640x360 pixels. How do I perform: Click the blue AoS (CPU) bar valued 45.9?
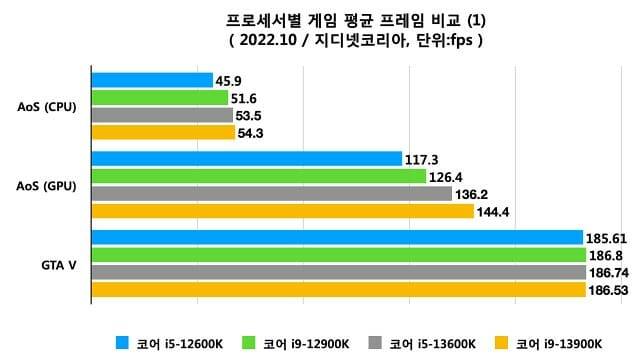pyautogui.click(x=152, y=80)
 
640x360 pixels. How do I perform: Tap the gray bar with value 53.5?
pyautogui.click(x=162, y=115)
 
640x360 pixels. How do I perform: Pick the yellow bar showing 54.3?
pyautogui.click(x=163, y=132)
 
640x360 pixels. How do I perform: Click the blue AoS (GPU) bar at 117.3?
pyautogui.click(x=246, y=158)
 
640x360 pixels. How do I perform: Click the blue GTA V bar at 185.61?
pyautogui.click(x=337, y=237)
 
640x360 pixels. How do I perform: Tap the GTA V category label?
pyautogui.click(x=56, y=264)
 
